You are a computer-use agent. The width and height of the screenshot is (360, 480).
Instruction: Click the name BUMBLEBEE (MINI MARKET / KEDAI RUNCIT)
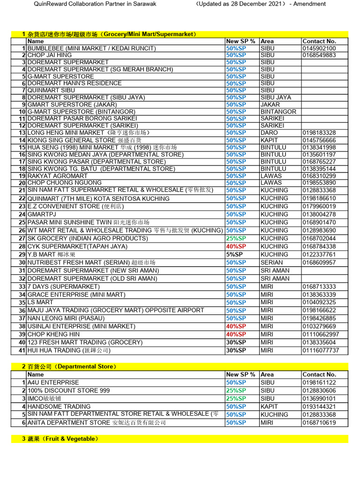point(91,48)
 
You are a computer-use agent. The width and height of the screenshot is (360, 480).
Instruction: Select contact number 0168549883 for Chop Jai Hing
point(319,55)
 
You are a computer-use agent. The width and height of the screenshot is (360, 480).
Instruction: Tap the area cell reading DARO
point(269,133)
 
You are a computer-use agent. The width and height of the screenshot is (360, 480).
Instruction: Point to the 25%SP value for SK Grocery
point(236,238)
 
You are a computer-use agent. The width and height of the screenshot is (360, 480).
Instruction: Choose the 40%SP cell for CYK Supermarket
point(236,246)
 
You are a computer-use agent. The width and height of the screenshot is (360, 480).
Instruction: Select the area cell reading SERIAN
point(272,262)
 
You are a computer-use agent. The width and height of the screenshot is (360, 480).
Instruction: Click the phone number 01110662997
point(321,334)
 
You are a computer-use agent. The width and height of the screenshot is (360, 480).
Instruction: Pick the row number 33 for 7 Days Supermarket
point(22,286)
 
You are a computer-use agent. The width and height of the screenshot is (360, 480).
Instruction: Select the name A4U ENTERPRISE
point(53,382)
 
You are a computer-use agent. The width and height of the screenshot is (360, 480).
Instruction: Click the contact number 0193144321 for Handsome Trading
point(319,406)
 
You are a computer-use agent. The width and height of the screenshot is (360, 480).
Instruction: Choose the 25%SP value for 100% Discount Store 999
point(236,390)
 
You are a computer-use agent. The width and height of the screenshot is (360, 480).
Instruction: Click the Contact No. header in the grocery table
point(319,41)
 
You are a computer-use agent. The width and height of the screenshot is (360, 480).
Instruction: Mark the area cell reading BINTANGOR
point(278,112)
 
